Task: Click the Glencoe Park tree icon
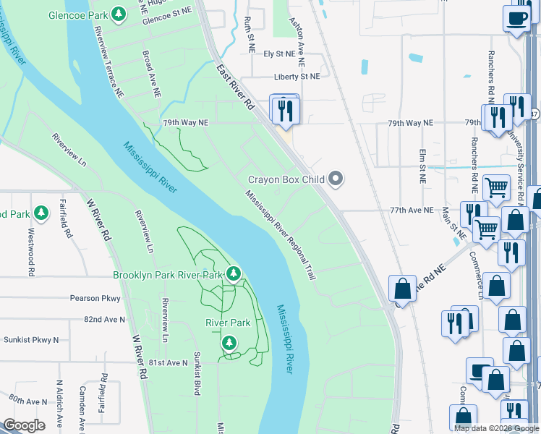pyautogui.click(x=119, y=14)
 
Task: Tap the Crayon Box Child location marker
pyautogui.click(x=335, y=178)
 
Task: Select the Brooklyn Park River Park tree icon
pyautogui.click(x=233, y=273)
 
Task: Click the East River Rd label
pyautogui.click(x=236, y=86)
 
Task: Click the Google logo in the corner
pyautogui.click(x=24, y=425)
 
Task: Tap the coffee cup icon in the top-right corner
pyautogui.click(x=516, y=17)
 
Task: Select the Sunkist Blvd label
pyautogui.click(x=196, y=373)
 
